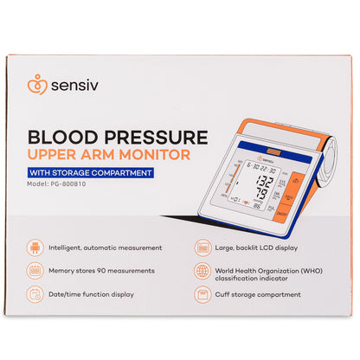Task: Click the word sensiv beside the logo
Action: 69,88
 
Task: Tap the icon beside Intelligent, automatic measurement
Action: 33,247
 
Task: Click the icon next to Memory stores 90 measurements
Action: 33,270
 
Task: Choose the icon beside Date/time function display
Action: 33,294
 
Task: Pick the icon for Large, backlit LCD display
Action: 202,247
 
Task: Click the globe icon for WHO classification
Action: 202,271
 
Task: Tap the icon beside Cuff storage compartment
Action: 202,294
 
